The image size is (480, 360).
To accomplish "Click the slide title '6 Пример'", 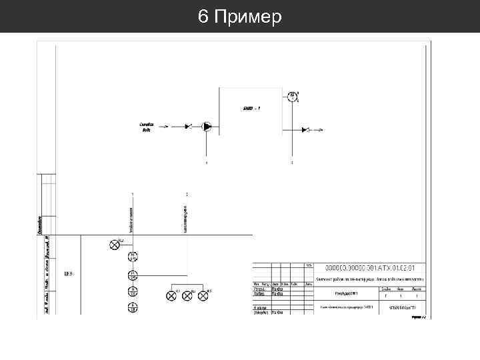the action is pos(240,16).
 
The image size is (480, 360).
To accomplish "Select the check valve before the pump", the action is pos(189,126).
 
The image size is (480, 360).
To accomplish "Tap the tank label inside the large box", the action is pos(251,107).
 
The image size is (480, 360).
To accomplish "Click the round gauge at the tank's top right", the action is pos(291,97).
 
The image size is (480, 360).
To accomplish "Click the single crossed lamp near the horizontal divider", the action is pos(114,244).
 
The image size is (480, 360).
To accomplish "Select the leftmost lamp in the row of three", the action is pos(171,295).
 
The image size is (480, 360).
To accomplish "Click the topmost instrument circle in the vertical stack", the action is pos(133,257).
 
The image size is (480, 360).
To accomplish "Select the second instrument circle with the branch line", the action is pos(133,275).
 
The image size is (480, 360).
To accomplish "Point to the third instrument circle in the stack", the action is pos(133,291).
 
